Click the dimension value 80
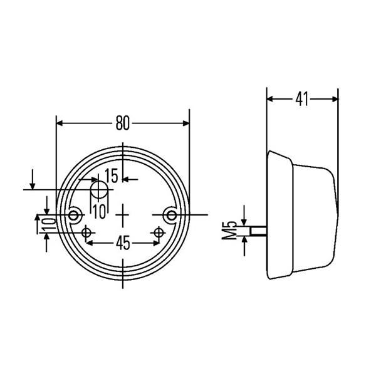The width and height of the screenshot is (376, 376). click(122, 123)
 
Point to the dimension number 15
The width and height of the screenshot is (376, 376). click(111, 176)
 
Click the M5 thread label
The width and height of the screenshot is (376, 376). click(229, 231)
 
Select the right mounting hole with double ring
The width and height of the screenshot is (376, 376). click(171, 216)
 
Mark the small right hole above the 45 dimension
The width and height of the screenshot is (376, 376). click(159, 233)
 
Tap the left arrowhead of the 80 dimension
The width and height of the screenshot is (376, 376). click(60, 123)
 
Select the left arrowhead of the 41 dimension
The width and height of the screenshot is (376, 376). click(270, 99)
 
